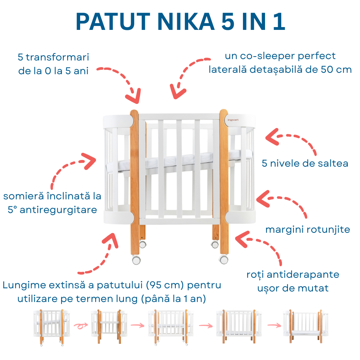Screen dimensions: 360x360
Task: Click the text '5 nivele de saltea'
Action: point(305,163)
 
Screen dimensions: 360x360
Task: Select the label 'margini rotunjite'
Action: point(308,230)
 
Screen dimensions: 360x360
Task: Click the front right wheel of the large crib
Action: point(224,260)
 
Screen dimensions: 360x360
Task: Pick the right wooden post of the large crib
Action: point(224,176)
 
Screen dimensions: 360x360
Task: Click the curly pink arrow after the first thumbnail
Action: point(81,326)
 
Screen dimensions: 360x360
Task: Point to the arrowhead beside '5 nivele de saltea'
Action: point(273,137)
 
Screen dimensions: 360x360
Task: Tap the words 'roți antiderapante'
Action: point(293,274)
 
